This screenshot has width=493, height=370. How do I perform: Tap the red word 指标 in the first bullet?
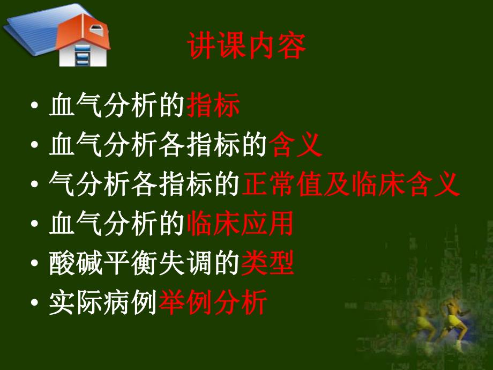pos(213,106)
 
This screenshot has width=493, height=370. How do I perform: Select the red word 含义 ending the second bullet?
pos(296,145)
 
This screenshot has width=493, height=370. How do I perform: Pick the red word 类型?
pos(267,264)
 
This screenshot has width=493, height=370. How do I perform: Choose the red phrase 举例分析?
pos(213,304)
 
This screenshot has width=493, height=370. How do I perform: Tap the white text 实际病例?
pos(103,304)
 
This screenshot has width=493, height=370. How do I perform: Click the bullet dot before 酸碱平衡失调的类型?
pos(35,265)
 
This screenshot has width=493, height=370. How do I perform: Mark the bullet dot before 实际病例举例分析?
pos(35,305)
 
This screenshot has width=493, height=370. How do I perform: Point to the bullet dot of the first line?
pos(35,107)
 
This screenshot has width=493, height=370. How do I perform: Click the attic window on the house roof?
pos(96,28)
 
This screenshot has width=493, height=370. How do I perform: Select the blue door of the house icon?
pos(81,56)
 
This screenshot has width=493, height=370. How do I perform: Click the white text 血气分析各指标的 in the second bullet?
pos(158,145)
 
